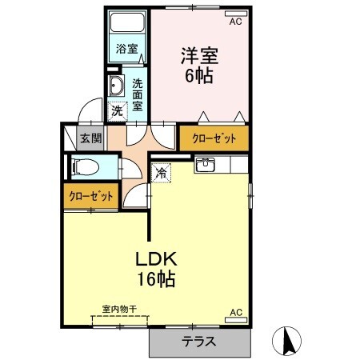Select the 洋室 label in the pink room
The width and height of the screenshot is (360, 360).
coord(199,57)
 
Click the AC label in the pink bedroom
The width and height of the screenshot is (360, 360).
coord(235,22)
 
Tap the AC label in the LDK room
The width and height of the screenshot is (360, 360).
coord(235,312)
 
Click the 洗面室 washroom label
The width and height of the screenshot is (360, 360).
coord(138,94)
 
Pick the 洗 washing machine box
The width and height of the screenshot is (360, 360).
coord(118,111)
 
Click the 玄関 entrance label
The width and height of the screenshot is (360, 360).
coord(90,138)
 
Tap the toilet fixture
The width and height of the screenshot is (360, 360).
coord(85,166)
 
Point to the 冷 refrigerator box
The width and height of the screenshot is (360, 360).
coord(161,171)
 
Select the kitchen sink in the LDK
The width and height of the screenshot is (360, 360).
coord(205,165)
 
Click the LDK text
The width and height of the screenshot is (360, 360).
coord(154,260)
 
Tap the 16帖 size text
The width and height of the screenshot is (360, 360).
coord(155,280)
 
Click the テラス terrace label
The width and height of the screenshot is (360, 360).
coord(198,342)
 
